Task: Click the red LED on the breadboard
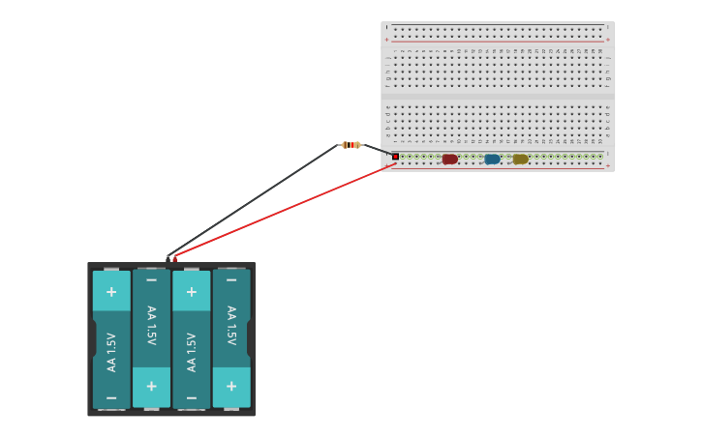[449, 159]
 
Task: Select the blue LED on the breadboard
[492, 159]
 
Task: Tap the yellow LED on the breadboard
[520, 159]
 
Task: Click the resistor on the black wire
[351, 145]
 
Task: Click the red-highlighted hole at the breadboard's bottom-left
[395, 157]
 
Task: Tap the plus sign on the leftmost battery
[111, 291]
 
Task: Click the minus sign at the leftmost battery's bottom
[111, 397]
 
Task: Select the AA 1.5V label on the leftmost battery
[111, 351]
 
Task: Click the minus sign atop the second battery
[151, 280]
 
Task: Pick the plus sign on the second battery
[151, 386]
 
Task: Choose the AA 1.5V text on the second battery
[151, 326]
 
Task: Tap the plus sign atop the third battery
[191, 291]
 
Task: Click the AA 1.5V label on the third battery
[191, 351]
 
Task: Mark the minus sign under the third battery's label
[191, 397]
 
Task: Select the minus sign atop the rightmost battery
[230, 280]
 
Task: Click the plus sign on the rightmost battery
[230, 386]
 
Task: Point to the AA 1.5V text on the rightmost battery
[230, 326]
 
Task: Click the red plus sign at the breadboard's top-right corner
[607, 40]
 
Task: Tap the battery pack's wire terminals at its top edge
[171, 258]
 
